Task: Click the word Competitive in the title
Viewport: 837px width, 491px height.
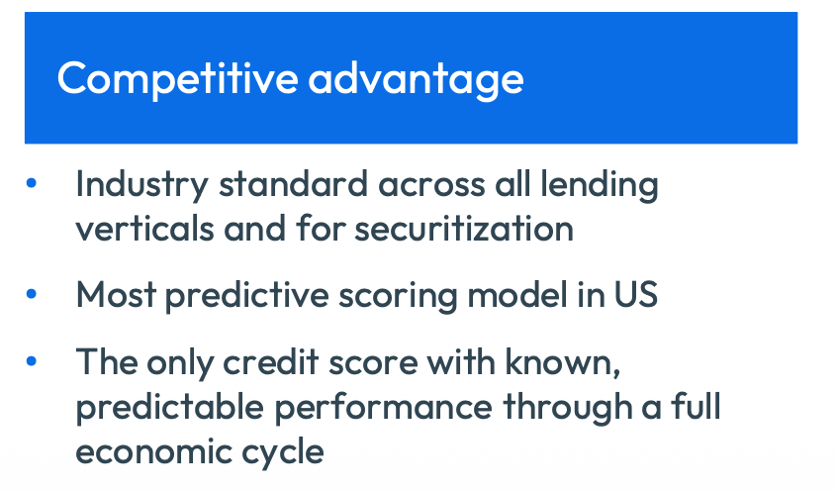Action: click(177, 79)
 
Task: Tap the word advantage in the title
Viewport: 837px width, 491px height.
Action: click(416, 79)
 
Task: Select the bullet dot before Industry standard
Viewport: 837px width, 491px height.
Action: click(32, 183)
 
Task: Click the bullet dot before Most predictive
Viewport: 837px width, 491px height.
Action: click(32, 293)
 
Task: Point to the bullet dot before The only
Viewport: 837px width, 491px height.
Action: click(32, 361)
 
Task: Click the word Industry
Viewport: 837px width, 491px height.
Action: click(141, 185)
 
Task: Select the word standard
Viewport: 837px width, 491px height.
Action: click(293, 184)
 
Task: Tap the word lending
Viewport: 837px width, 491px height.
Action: click(600, 185)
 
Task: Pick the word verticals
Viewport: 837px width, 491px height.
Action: click(144, 229)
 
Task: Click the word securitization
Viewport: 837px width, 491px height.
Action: click(464, 229)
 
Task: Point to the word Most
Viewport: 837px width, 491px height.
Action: click(116, 294)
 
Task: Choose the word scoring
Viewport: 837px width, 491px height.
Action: click(398, 295)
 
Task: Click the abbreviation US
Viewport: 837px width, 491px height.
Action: click(636, 294)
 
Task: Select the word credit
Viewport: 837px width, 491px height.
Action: click(271, 361)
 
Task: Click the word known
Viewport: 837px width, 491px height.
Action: click(563, 363)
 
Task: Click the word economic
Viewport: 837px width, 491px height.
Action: click(153, 451)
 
